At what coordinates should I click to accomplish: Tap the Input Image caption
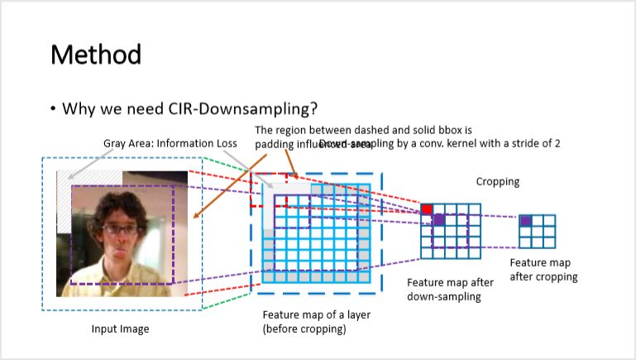(x=120, y=329)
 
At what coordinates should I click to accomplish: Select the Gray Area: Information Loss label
(x=170, y=143)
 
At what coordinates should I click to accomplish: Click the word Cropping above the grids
(x=498, y=181)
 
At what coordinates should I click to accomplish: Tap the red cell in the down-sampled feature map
(x=427, y=209)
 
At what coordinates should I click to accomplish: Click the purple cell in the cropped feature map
(x=525, y=221)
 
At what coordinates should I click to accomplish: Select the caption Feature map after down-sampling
(x=445, y=290)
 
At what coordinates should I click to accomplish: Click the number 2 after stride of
(x=557, y=143)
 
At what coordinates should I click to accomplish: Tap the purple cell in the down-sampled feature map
(x=439, y=221)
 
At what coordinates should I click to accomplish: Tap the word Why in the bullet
(x=77, y=108)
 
